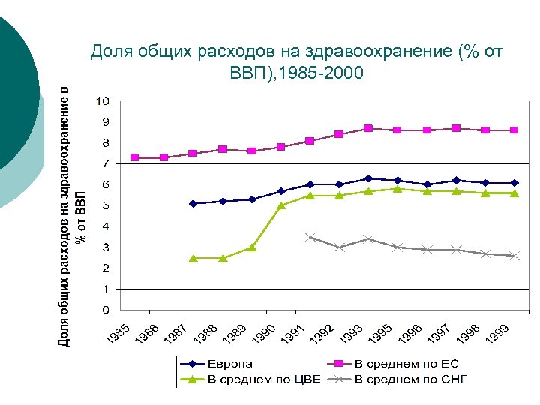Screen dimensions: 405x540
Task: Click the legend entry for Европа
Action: tap(225, 364)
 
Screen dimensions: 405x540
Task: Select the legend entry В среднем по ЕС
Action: tap(406, 364)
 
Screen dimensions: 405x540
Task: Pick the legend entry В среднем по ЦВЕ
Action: tap(263, 379)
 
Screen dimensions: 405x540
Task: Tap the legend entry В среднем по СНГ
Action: tap(410, 379)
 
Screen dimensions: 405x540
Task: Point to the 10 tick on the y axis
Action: tap(102, 101)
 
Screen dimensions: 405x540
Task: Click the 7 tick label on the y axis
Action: tap(105, 163)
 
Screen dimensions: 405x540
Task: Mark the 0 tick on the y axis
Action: tap(105, 310)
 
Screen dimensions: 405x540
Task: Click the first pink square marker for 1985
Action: tap(135, 157)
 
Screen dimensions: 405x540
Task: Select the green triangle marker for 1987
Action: tap(193, 257)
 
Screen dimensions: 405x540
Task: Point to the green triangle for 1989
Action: tap(252, 247)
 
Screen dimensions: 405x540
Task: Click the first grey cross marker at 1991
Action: tap(310, 237)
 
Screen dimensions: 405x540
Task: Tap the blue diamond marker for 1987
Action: tap(193, 203)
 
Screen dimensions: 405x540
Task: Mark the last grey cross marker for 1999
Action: tap(514, 256)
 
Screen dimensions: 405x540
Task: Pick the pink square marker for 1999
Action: tap(514, 130)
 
